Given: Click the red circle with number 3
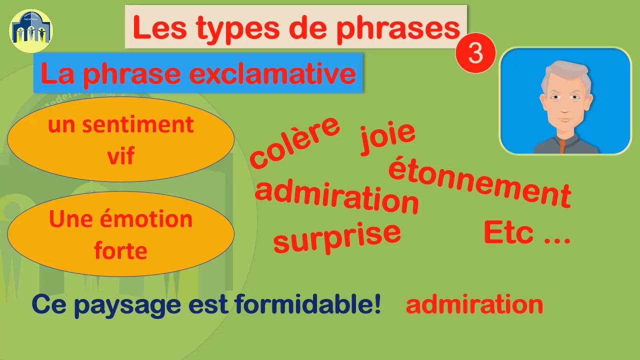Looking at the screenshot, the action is pos(475,53).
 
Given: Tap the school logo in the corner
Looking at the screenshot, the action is pos(31,31).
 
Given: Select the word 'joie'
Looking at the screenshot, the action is pos(388,135).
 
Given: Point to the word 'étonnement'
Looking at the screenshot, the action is pos(479,182).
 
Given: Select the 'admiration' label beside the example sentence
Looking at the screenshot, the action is pos(474,304).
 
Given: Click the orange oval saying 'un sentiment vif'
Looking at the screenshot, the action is pos(120,139).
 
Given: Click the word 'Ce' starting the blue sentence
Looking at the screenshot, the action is pos(49,304).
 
